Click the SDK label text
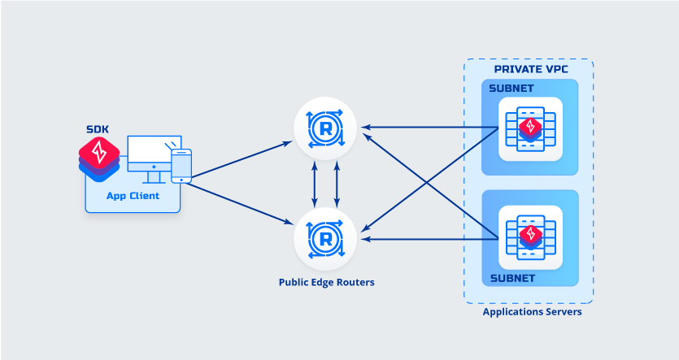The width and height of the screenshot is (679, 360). (98, 130)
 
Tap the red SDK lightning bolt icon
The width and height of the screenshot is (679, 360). (99, 151)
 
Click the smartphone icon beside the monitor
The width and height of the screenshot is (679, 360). (181, 166)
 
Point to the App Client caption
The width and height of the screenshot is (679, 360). (133, 196)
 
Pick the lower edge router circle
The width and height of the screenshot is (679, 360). (325, 239)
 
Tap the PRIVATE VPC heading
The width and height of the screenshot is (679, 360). (529, 69)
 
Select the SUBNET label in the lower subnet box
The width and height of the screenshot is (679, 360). (512, 278)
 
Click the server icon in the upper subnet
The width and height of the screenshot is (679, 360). (530, 128)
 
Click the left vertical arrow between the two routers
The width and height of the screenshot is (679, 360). (316, 183)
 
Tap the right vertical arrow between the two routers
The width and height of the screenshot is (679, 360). (337, 183)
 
